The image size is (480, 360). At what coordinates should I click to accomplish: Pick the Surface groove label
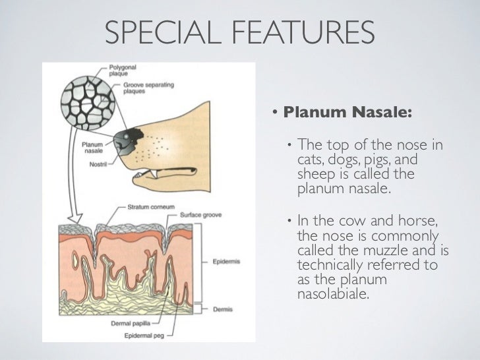(198, 215)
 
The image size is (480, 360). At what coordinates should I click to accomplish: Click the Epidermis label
(226, 261)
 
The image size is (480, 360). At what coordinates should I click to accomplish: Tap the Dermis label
(223, 308)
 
